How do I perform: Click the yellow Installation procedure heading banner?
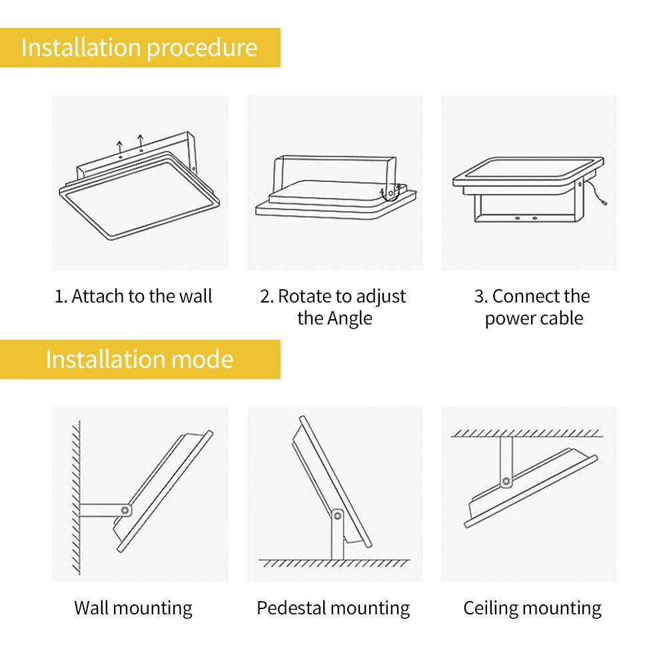coord(139,48)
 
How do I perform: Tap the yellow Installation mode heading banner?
coord(139,359)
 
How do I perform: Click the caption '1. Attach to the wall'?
coord(133,296)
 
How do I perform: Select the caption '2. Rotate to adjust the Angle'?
coord(333,307)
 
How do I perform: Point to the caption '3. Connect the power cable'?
coord(533,307)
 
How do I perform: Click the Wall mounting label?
coord(133,608)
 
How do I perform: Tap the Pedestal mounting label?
coord(333,608)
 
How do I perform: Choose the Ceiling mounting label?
coord(532,608)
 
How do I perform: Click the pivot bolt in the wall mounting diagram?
coord(125,510)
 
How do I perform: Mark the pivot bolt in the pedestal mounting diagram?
coord(337,515)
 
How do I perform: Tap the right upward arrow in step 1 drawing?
coord(141,141)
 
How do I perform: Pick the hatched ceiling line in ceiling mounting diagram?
coord(526,433)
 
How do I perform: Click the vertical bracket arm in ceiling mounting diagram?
coord(506,456)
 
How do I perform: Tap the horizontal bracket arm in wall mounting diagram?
coord(100,510)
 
